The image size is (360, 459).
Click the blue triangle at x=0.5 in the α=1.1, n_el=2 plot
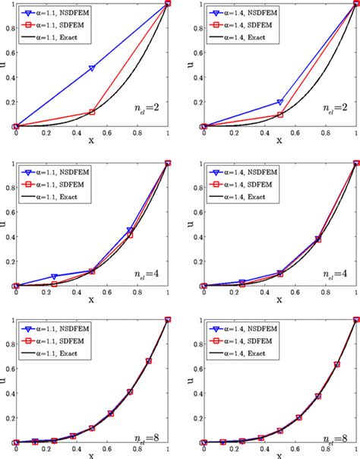click(x=92, y=68)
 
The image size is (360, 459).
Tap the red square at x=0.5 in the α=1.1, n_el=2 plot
click(x=92, y=112)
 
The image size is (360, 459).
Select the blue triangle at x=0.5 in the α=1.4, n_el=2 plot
click(x=280, y=102)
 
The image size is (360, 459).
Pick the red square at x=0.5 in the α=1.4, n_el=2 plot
click(x=280, y=115)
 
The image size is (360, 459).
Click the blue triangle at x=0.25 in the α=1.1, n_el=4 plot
click(x=54, y=277)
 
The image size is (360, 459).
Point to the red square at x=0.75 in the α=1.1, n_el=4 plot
click(x=130, y=235)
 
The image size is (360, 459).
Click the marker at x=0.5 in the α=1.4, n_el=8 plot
click(x=280, y=431)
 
